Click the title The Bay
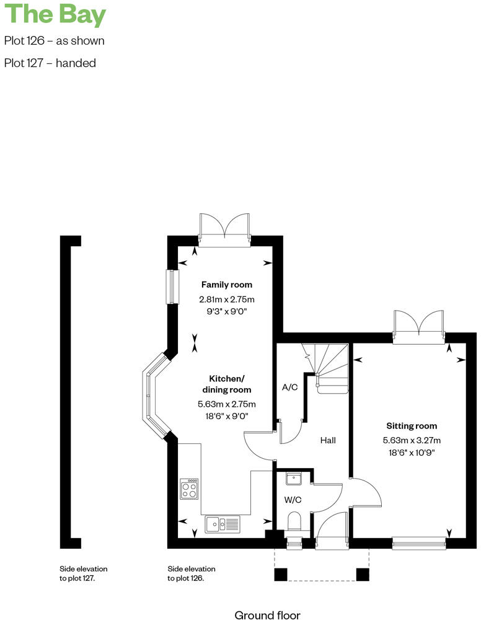coord(55,15)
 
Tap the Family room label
coord(226,285)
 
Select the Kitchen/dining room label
coord(226,384)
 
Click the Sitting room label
coord(412,426)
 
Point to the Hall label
coord(328,440)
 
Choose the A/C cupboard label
coord(290,387)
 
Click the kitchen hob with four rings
coord(189,489)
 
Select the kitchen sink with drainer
coord(223,525)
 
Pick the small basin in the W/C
coord(294,478)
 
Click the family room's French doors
coord(224,227)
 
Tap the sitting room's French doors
coord(419,325)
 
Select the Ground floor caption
coord(267,615)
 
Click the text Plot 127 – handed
coord(50,63)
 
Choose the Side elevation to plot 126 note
coord(192,573)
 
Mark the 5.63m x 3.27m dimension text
coord(412,441)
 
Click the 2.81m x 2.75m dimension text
coord(226,299)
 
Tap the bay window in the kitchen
coord(153,394)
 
